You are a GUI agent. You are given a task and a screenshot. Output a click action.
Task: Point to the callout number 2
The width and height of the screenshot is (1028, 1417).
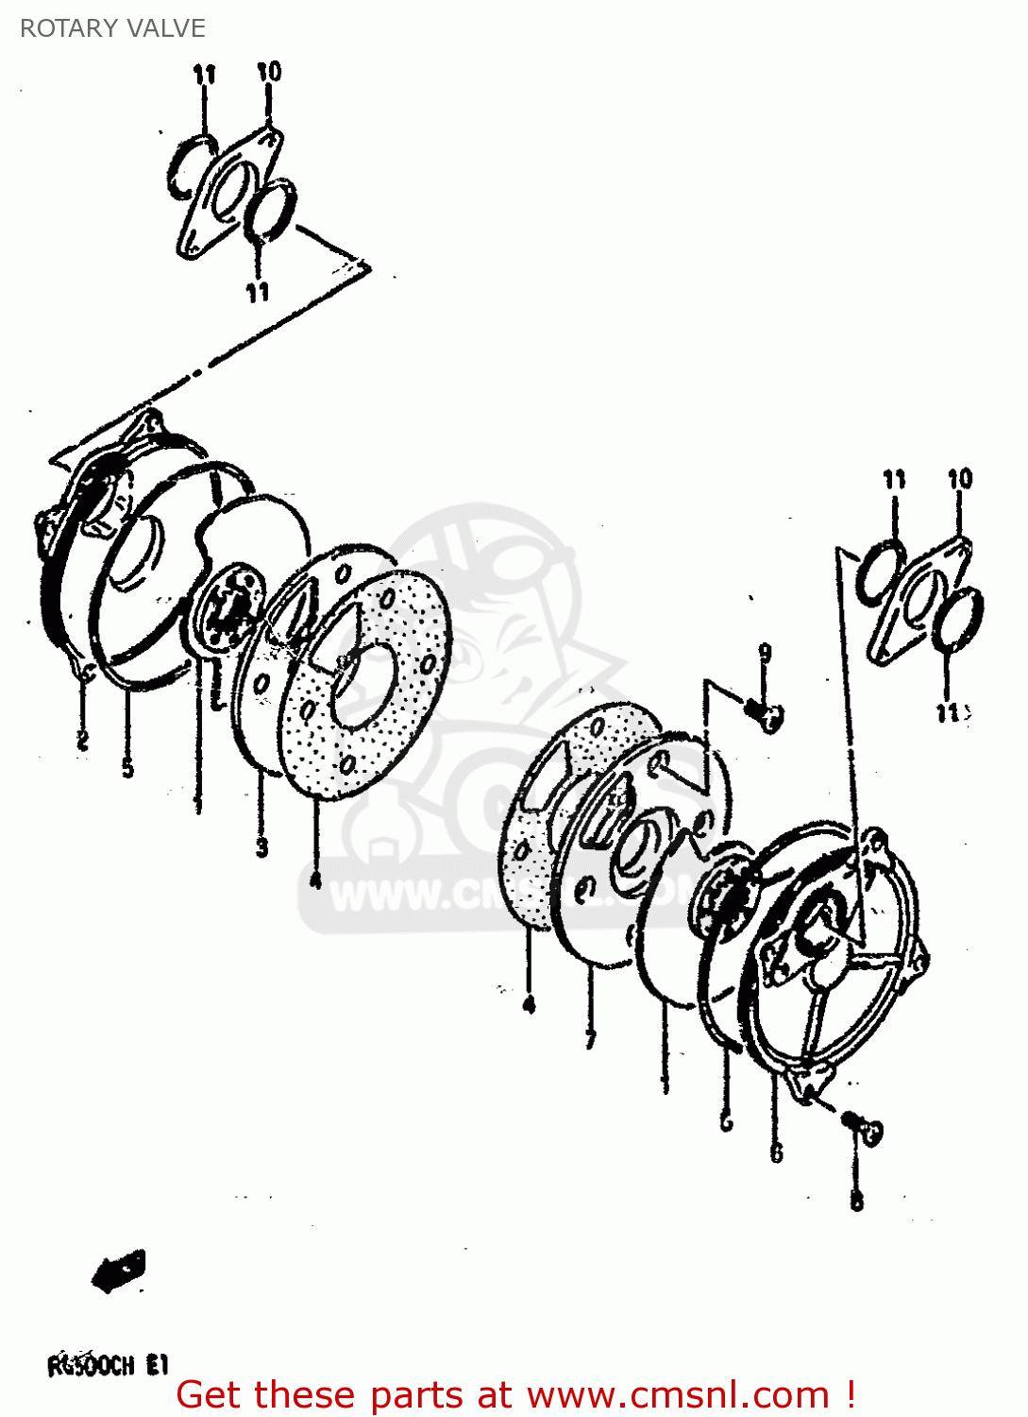pos(82,741)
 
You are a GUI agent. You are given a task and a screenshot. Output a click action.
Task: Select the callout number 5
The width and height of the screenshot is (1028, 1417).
pos(128,769)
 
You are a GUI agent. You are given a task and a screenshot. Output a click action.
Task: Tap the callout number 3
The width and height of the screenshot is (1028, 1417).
pos(262,847)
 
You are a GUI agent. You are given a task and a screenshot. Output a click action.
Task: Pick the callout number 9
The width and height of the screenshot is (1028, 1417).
pos(766,654)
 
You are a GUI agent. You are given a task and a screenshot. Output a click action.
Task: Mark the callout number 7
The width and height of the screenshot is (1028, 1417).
pos(591,1039)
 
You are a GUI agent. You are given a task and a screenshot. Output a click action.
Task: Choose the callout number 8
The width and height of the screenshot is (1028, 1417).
pos(856,1201)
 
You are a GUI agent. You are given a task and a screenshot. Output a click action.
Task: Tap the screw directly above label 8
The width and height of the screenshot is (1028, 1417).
pos(863,1126)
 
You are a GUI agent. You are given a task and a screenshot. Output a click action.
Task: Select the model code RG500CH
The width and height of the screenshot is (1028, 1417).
pos(92,1366)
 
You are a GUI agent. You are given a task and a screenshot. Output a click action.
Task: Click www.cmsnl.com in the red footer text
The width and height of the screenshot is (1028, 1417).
pos(678,1395)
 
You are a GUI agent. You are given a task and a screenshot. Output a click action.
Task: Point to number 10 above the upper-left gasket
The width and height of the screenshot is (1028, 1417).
pos(269,72)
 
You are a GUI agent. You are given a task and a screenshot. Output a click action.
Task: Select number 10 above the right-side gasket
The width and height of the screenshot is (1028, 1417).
pos(960,479)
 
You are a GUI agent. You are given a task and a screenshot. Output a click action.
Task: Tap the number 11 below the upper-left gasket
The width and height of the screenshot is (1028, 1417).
pos(258,293)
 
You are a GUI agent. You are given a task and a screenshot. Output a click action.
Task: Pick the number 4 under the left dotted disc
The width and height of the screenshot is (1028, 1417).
pos(315,879)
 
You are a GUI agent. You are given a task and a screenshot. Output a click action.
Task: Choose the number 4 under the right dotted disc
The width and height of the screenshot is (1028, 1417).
pos(529,1004)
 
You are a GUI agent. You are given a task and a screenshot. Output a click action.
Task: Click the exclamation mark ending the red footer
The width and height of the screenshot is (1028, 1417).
pos(850,1395)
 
